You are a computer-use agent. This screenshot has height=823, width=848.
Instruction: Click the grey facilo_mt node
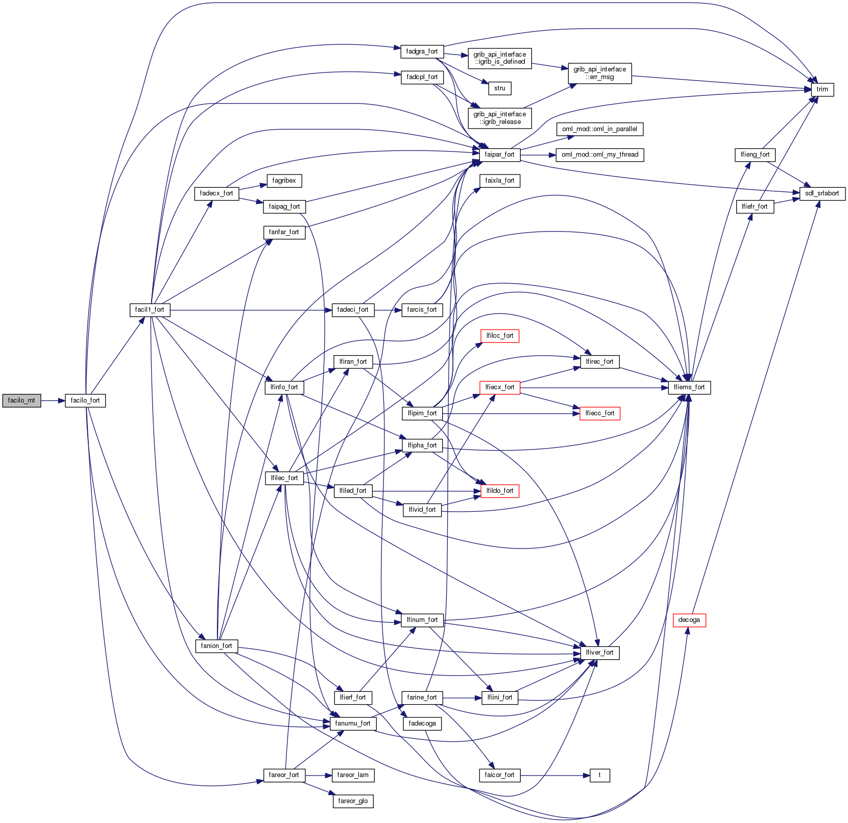coord(21,401)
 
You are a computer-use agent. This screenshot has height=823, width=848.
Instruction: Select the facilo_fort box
coord(85,401)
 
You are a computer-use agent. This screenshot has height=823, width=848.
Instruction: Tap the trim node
coord(822,89)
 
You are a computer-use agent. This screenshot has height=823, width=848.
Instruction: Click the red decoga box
coord(689,620)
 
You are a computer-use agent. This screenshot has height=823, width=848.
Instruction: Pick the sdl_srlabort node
coord(822,193)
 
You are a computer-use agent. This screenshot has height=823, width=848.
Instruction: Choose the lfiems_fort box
coord(689,387)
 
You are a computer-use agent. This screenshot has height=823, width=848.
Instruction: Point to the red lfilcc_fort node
coord(499,336)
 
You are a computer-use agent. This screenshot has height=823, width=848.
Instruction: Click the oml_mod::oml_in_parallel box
coord(599,129)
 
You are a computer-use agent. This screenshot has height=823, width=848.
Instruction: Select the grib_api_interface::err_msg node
coord(599,73)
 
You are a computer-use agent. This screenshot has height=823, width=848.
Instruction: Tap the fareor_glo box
coord(353,801)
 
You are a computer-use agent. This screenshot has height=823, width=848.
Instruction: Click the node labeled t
coord(599,775)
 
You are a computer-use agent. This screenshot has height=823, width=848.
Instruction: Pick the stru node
coord(499,88)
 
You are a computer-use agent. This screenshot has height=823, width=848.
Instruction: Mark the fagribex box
coord(284,181)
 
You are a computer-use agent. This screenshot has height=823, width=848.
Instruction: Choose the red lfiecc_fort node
coord(599,413)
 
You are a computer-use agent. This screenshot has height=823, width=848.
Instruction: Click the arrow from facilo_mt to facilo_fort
coord(53,401)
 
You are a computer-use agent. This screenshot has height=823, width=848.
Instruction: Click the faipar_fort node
coord(499,155)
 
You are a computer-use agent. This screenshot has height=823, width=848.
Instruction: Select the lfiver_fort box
coord(599,653)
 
